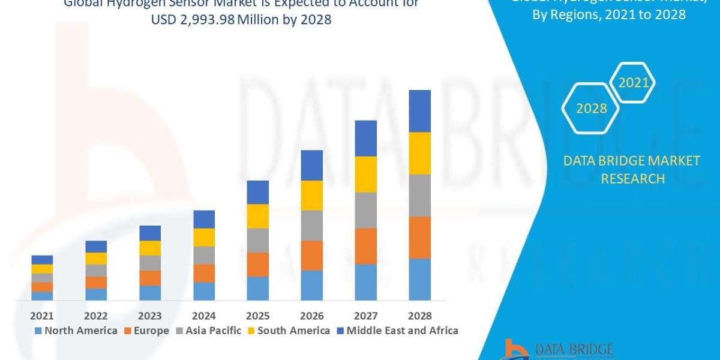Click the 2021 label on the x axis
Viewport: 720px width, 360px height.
(42, 316)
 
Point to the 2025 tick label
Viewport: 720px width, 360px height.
(258, 316)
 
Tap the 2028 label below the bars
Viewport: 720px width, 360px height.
(419, 316)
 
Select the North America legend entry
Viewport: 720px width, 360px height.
(76, 331)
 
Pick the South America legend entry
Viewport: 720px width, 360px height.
(289, 331)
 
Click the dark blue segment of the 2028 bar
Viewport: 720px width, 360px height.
(419, 111)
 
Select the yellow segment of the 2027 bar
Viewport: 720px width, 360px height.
(365, 174)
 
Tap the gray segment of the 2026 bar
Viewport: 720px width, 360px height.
(311, 225)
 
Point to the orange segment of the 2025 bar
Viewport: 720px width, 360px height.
(258, 264)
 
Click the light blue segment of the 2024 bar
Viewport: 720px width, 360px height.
(204, 291)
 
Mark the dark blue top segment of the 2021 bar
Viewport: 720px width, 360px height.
(42, 259)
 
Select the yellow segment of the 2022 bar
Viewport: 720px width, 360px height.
(96, 258)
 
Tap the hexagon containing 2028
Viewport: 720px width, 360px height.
(591, 109)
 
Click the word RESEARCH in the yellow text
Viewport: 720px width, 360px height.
(632, 179)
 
